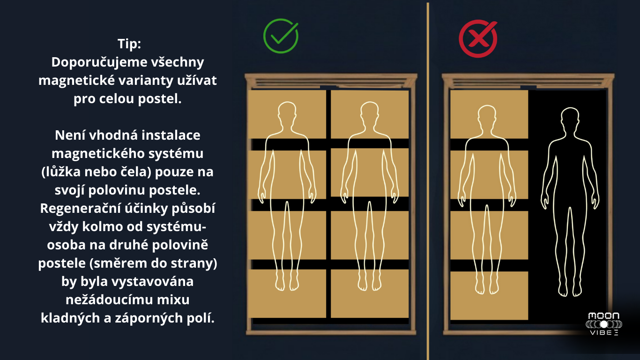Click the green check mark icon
click(x=281, y=36)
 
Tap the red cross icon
click(x=478, y=38)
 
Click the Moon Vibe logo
click(x=604, y=324)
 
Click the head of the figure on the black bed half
click(x=570, y=120)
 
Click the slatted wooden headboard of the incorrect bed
click(x=528, y=81)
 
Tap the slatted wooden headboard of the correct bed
click(x=331, y=81)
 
